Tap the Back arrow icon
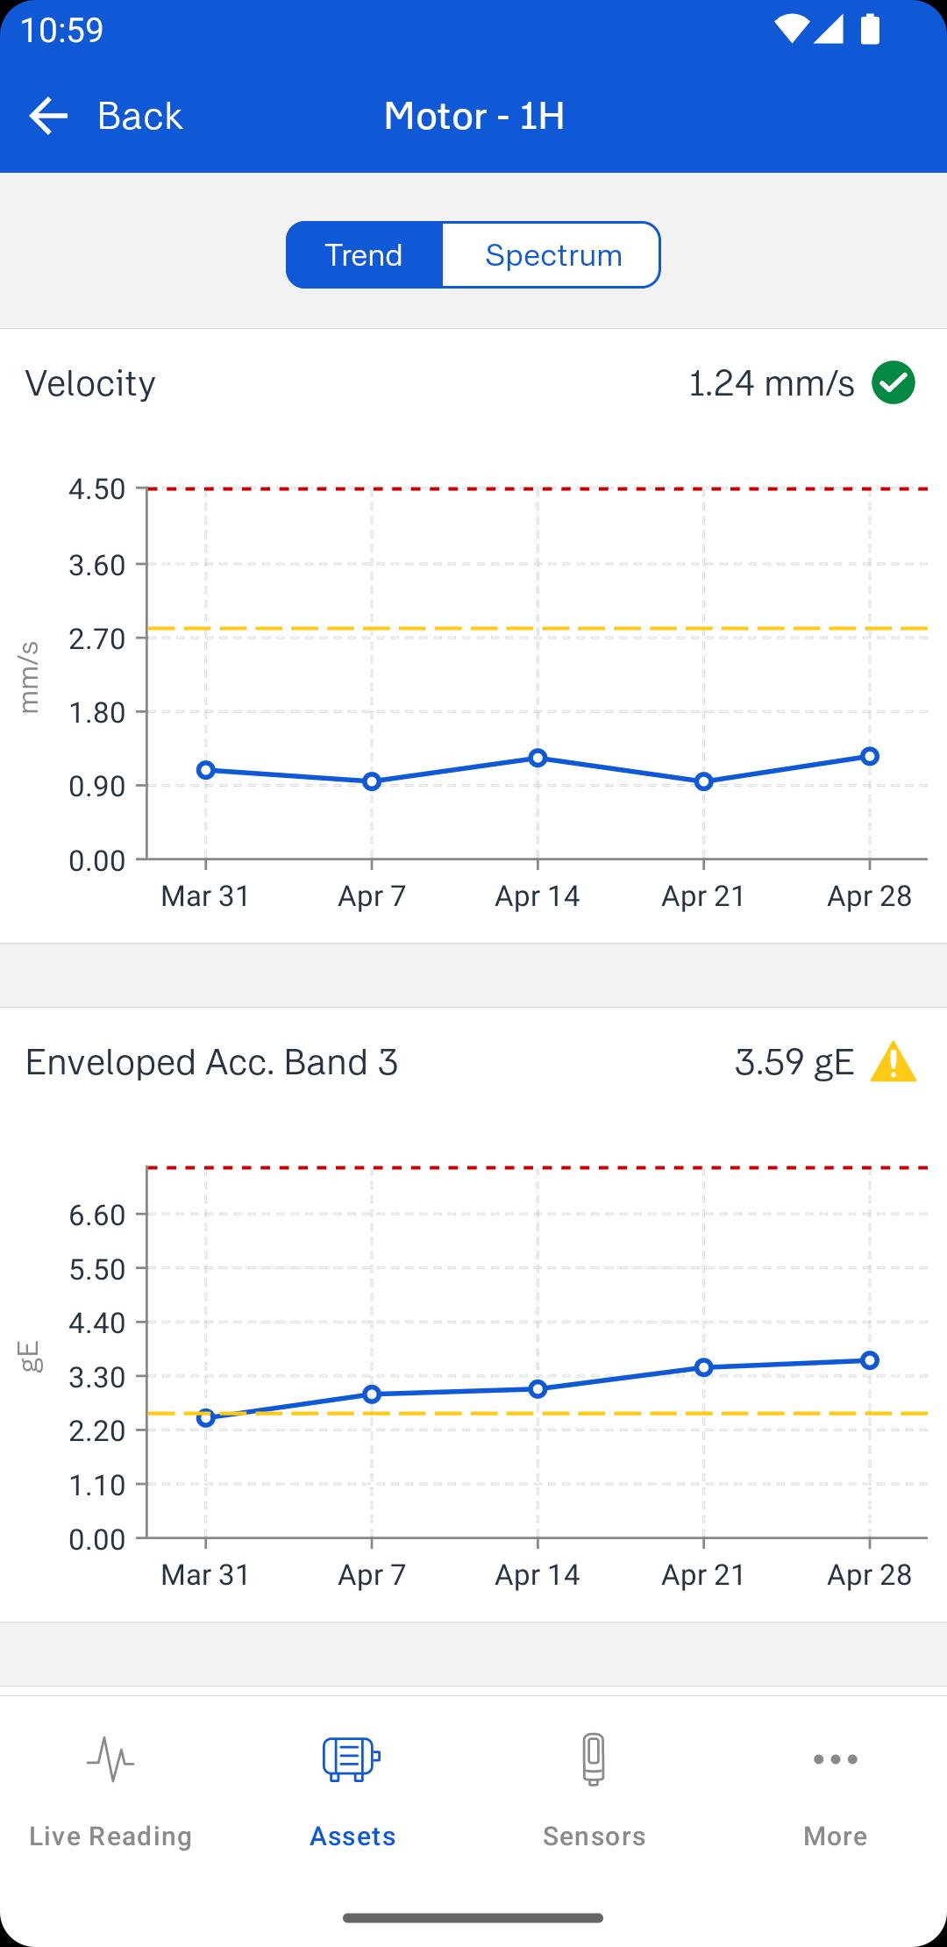[48, 116]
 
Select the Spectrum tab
[552, 255]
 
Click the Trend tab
[364, 255]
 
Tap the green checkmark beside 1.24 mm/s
[894, 383]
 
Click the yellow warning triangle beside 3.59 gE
[893, 1062]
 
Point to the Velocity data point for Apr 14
[538, 758]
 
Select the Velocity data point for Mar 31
[206, 770]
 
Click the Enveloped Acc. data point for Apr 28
[869, 1360]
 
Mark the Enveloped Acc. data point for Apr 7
[372, 1394]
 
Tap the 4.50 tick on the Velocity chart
[97, 489]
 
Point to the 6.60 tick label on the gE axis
[97, 1216]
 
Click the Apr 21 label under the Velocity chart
[703, 896]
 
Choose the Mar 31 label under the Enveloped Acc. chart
[205, 1575]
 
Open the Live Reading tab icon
[110, 1758]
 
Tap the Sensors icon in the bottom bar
[594, 1758]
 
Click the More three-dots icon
[835, 1758]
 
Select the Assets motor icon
[352, 1758]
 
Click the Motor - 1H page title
[474, 116]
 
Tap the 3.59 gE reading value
[794, 1062]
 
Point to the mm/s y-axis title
[30, 677]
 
